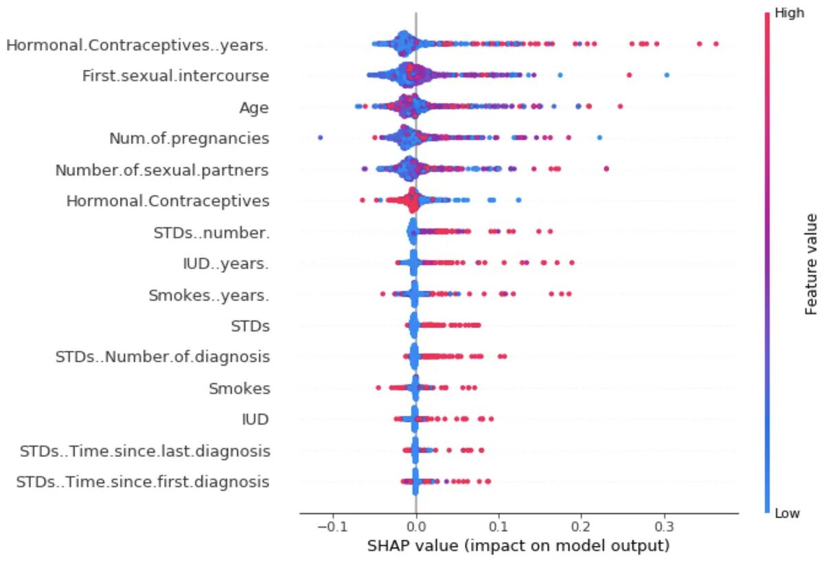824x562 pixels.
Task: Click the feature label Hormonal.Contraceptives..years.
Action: pyautogui.click(x=137, y=46)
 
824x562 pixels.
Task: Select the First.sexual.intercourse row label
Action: pyautogui.click(x=175, y=75)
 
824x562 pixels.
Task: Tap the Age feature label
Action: pyautogui.click(x=254, y=108)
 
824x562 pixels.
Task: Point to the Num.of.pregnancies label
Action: pyautogui.click(x=189, y=139)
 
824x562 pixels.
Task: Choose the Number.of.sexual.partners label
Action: pyautogui.click(x=162, y=169)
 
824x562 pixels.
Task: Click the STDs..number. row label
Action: pyautogui.click(x=211, y=233)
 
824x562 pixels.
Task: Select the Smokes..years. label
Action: pyautogui.click(x=209, y=295)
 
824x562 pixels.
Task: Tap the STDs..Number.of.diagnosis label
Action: pyautogui.click(x=162, y=357)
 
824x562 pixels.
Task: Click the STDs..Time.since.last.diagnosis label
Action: pyautogui.click(x=144, y=452)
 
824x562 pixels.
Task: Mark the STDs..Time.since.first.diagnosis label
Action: pyautogui.click(x=142, y=482)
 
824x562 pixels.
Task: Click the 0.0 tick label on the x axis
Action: pyautogui.click(x=416, y=526)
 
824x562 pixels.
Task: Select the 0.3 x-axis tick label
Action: pyautogui.click(x=665, y=526)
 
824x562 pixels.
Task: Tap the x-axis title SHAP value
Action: pyautogui.click(x=518, y=546)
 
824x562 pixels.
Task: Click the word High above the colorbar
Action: pyautogui.click(x=788, y=12)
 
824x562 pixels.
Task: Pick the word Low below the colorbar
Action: pyautogui.click(x=787, y=513)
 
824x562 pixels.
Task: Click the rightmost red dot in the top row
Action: pyautogui.click(x=716, y=44)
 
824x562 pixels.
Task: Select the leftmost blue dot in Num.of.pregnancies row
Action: pyautogui.click(x=320, y=138)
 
